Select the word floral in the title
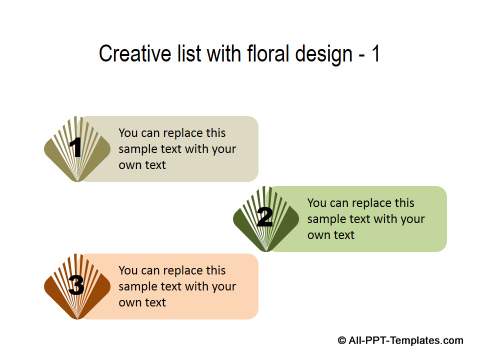(x=261, y=54)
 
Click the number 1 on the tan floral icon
(x=75, y=149)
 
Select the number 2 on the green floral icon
(x=264, y=217)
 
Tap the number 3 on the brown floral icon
(x=76, y=285)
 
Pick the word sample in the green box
(x=327, y=219)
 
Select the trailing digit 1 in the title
(x=375, y=54)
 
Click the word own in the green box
(x=319, y=235)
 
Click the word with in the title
(x=219, y=54)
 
